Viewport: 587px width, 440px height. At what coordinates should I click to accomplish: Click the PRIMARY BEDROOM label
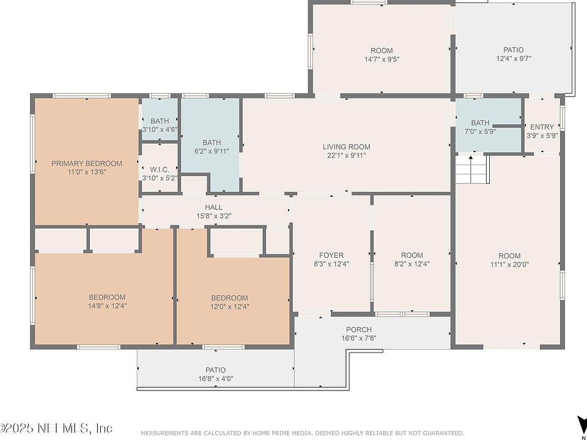pos(86,164)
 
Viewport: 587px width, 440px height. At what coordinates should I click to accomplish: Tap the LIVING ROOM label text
pos(347,147)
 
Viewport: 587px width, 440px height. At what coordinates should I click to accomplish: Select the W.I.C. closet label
pos(160,170)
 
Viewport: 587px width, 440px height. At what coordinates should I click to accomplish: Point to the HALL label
pos(214,207)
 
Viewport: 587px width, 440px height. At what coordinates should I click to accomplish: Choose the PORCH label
pos(359,329)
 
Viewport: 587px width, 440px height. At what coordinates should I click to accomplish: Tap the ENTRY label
pos(542,127)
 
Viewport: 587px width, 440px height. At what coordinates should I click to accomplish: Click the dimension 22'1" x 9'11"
pos(347,155)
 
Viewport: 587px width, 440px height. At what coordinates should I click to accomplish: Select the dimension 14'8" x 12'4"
pos(107,306)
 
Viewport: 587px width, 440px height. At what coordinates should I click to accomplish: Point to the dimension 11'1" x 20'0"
pos(509,264)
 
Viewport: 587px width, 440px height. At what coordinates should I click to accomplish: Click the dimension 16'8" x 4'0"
pos(216,378)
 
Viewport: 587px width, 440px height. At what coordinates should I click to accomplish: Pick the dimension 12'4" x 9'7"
pos(514,58)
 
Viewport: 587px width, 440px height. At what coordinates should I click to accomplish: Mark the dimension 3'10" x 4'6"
pos(160,130)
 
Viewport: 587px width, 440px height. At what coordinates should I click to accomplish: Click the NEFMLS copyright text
pos(56,427)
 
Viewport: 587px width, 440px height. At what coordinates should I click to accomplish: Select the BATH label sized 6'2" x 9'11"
pos(212,142)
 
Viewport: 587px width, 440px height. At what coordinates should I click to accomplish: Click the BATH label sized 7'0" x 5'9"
pos(480,123)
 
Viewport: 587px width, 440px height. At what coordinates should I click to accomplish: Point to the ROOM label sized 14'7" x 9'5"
pos(382,51)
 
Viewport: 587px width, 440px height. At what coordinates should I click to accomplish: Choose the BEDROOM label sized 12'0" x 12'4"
pos(229,298)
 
